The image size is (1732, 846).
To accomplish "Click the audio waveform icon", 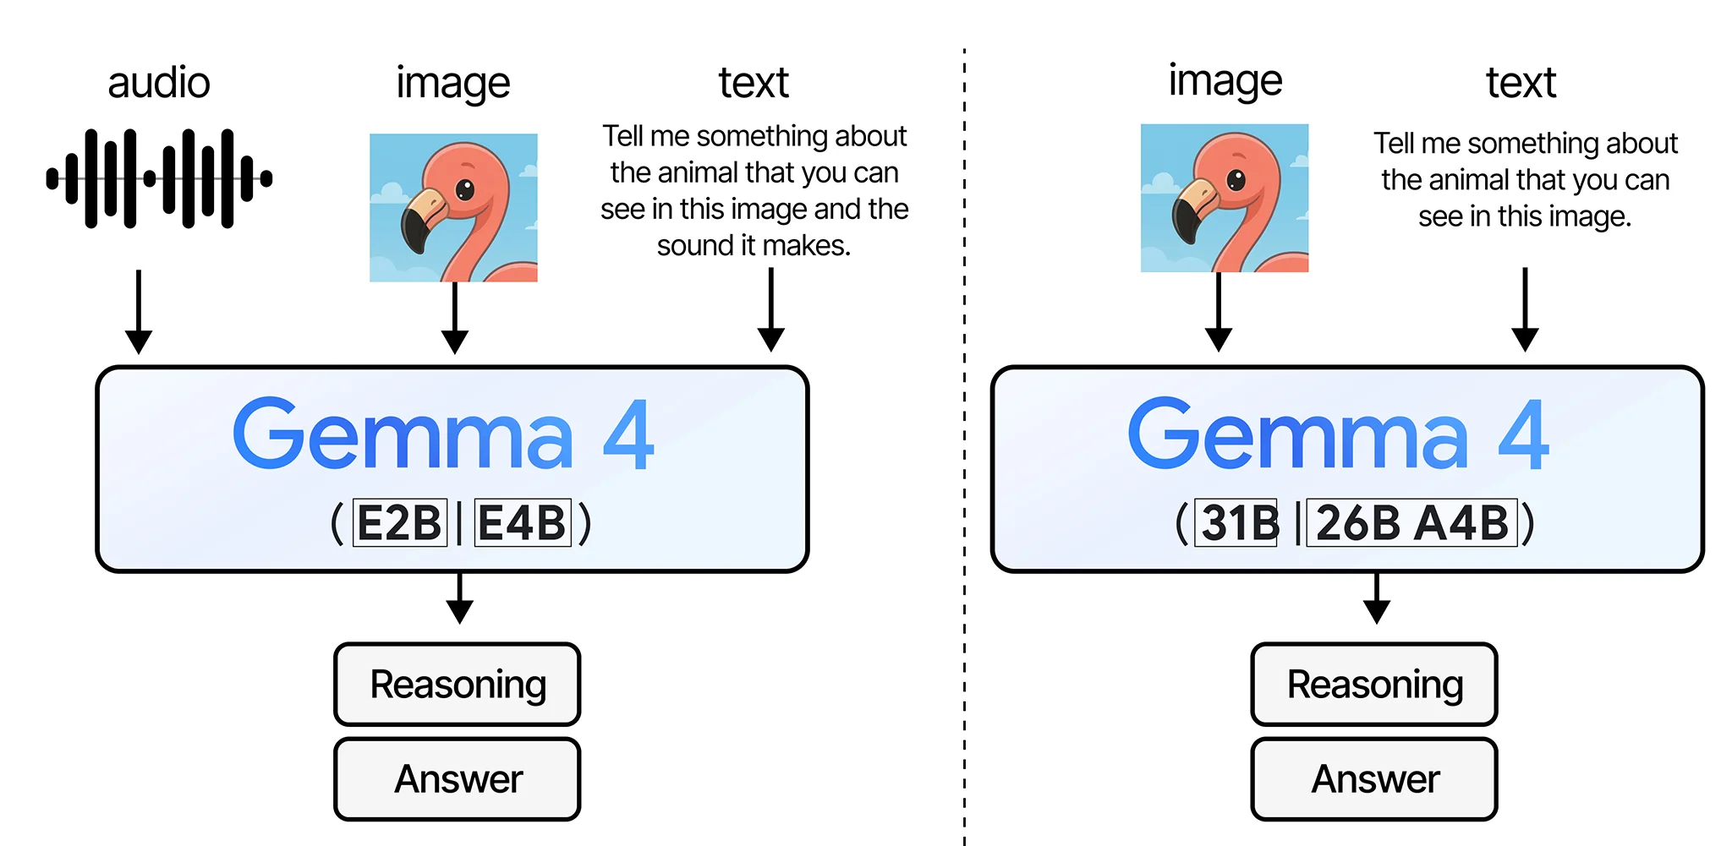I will pyautogui.click(x=159, y=178).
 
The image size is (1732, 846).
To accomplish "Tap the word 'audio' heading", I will pyautogui.click(x=159, y=83).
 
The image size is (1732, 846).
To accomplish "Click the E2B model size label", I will pyautogui.click(x=399, y=523).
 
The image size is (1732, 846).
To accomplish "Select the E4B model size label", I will pyautogui.click(x=523, y=523).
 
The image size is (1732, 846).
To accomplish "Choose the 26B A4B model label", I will pyautogui.click(x=1412, y=523).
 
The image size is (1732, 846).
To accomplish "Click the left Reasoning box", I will pyautogui.click(x=458, y=685).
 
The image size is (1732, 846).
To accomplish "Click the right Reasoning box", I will pyautogui.click(x=1374, y=685).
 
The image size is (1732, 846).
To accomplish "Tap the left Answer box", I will pyautogui.click(x=458, y=779).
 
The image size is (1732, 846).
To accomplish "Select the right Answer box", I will pyautogui.click(x=1374, y=779).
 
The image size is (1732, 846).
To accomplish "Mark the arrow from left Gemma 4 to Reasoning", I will pyautogui.click(x=459, y=598).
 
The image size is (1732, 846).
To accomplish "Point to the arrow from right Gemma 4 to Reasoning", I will pyautogui.click(x=1377, y=598).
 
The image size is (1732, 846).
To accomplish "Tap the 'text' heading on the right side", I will pyautogui.click(x=1521, y=83).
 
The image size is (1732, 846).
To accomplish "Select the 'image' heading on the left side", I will pyautogui.click(x=453, y=83).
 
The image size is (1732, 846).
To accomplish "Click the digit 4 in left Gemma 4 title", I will pyautogui.click(x=628, y=436).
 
